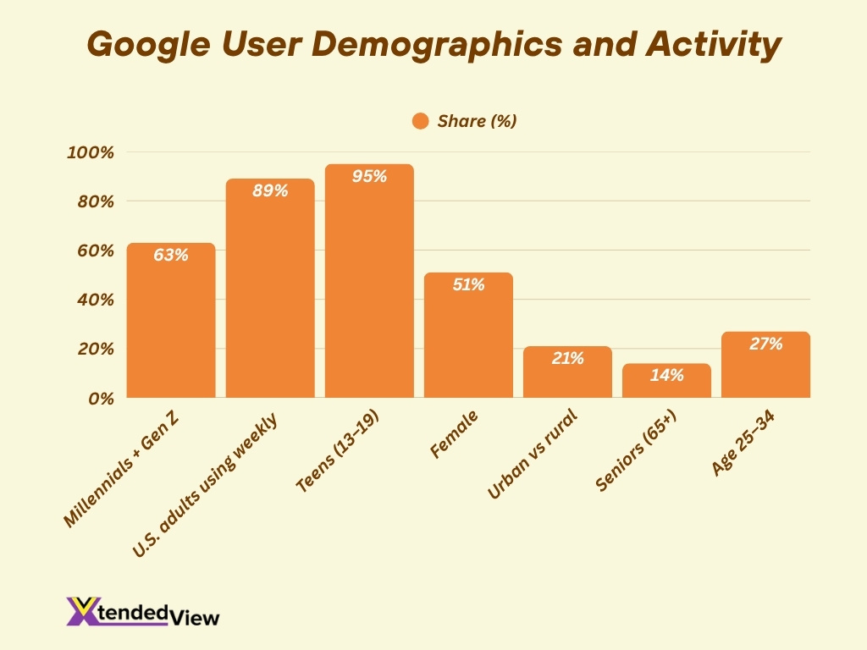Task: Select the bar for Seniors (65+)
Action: [666, 383]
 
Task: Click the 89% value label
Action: [270, 191]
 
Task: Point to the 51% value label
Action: [468, 285]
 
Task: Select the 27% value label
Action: [765, 344]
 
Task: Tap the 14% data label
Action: [666, 375]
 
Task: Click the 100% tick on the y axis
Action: [90, 153]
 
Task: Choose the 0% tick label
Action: [99, 399]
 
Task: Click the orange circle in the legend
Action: [421, 121]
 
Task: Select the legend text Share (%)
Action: [477, 121]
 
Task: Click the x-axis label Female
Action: [455, 433]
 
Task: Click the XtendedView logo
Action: [142, 612]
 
